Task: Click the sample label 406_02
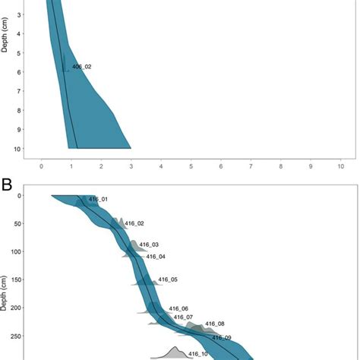point(82,67)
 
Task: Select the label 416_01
point(99,200)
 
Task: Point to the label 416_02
point(134,224)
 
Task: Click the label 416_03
point(150,245)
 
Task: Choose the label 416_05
point(169,280)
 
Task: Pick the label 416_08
point(215,324)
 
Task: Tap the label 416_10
point(198,354)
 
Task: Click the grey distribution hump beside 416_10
point(174,352)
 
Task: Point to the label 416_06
point(179,308)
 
